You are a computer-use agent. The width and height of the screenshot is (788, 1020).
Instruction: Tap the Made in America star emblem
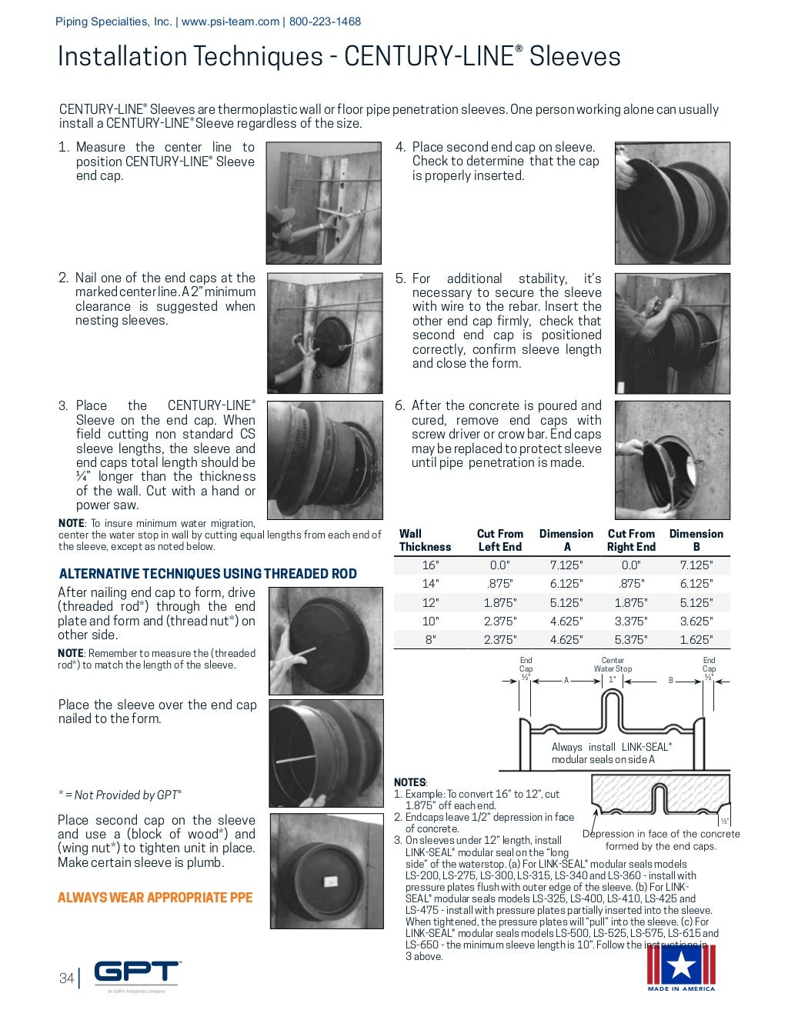point(680,966)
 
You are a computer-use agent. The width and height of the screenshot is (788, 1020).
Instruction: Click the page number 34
point(66,978)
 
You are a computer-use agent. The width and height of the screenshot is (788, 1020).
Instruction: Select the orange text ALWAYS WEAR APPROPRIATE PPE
point(155,897)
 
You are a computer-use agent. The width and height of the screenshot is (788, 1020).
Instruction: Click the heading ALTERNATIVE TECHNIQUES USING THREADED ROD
point(208,573)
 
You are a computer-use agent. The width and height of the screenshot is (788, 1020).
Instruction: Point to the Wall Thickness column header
point(425,540)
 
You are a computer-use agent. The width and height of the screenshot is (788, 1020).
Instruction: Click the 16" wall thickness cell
point(430,565)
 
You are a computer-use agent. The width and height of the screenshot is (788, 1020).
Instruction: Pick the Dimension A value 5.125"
point(566,602)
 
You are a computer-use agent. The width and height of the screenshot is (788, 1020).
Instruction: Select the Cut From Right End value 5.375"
point(630,639)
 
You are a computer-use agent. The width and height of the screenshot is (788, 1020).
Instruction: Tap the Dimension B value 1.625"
point(696,639)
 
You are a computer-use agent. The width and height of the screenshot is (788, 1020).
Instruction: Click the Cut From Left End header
point(499,540)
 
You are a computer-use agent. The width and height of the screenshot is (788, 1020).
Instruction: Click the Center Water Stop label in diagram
point(613,665)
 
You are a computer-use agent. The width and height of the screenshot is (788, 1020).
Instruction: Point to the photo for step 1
point(324,203)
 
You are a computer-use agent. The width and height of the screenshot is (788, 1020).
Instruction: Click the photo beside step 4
point(672,203)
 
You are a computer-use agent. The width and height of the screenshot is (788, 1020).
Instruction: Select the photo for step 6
point(672,459)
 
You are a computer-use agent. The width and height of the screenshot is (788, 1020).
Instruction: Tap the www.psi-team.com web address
point(230,22)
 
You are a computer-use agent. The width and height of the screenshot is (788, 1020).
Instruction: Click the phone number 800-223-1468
point(325,22)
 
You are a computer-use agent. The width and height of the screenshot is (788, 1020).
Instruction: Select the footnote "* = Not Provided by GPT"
point(120,795)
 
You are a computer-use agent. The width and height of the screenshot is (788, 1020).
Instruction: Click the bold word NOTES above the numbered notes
point(409,782)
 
